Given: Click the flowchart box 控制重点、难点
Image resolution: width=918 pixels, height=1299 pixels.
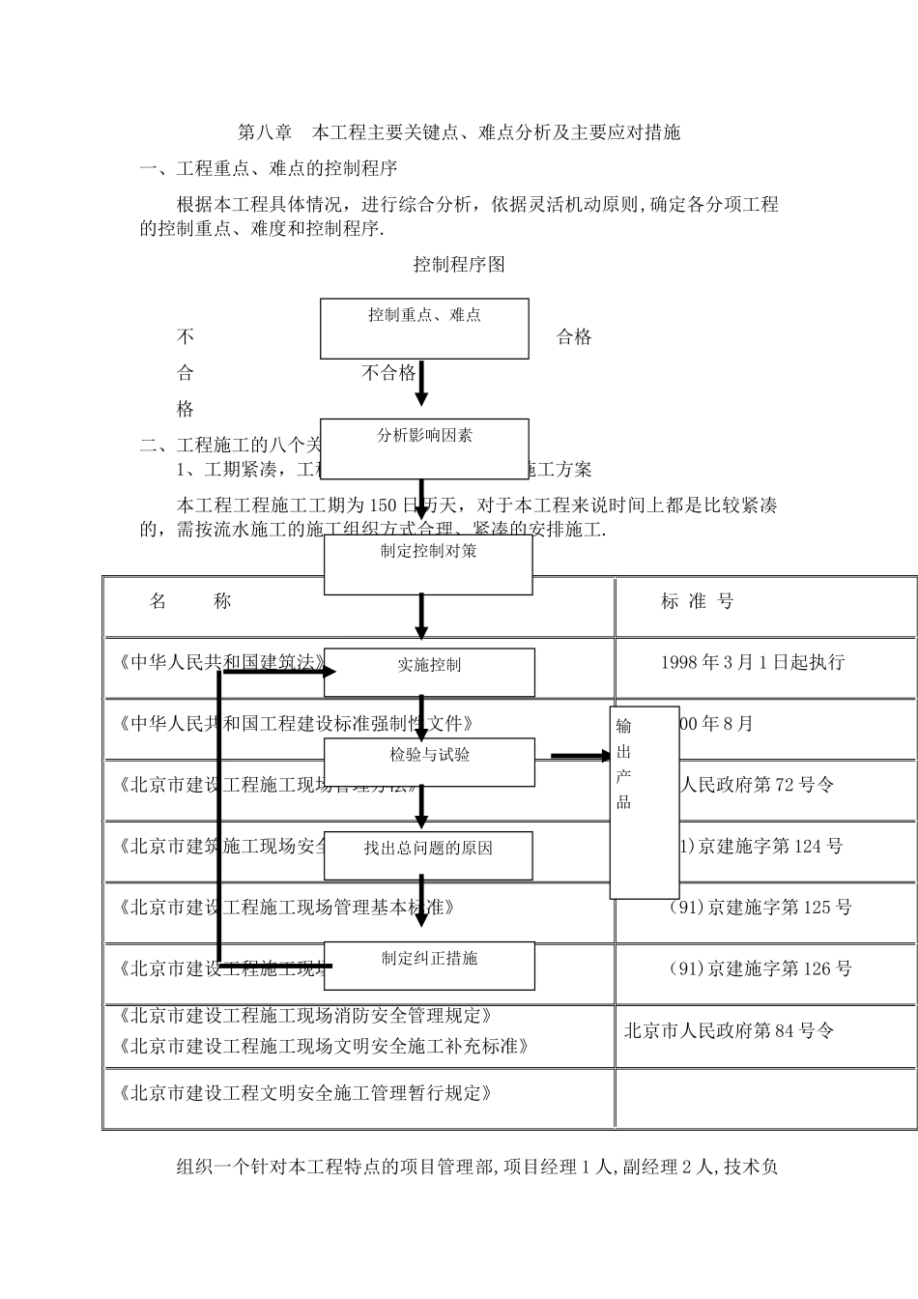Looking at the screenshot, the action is pos(424,328).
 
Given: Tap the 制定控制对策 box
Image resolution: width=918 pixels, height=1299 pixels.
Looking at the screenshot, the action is pos(428,564).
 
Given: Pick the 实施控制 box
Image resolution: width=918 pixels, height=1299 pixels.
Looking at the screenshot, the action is pos(429,672).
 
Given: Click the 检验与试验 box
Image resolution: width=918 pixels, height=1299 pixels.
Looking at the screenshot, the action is pos(429,762).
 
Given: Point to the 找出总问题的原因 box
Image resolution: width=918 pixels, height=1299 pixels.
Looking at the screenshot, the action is pos(428,855).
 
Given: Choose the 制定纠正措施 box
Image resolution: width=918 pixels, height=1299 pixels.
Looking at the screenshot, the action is pos(429,965).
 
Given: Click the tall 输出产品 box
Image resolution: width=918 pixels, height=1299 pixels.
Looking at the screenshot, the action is pos(644,802).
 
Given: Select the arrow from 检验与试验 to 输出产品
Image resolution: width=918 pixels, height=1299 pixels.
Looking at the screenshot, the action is pos(580,757).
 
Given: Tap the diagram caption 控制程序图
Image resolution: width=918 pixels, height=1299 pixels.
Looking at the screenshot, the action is pos(459,264).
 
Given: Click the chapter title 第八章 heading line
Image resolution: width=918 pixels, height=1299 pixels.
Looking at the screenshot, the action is pos(459,132).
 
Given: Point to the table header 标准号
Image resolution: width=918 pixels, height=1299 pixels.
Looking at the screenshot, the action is pos(698,601).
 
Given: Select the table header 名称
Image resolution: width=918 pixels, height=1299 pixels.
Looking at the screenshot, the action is pos(191,601).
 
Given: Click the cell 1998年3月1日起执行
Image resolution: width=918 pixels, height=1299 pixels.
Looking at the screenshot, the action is pos(752,662).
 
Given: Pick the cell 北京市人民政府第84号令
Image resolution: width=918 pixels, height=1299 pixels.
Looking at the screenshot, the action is pos(728,1030).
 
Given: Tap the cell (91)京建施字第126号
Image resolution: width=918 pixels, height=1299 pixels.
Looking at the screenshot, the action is pos(760,968).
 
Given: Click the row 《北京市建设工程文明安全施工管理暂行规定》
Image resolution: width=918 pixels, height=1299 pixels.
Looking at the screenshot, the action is pos(305,1093).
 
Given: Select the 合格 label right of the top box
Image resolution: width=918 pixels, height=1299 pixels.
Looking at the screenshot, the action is pos(574,337).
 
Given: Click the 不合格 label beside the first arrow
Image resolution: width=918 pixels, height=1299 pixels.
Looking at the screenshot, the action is pos(388,373).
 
